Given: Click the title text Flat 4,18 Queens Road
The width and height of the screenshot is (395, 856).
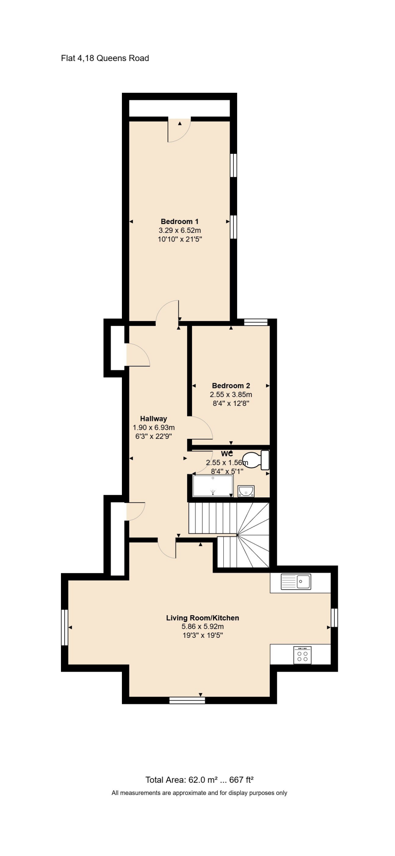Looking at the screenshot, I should click(105, 58).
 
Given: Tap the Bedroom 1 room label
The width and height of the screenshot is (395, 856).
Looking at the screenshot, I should click(180, 222).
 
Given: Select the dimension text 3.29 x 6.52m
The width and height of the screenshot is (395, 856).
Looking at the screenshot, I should click(180, 230).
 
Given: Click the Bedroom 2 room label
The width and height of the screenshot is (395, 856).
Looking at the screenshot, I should click(231, 386).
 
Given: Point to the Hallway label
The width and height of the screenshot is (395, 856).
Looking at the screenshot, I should click(153, 419).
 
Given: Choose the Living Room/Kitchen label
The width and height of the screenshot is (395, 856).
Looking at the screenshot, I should click(203, 618).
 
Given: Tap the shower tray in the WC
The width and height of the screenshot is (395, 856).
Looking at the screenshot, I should click(213, 486).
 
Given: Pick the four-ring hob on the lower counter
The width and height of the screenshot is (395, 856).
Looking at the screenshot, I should click(302, 655).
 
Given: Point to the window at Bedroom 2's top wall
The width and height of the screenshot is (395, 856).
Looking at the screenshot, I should click(256, 322).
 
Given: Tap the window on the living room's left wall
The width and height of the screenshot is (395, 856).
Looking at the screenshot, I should click(64, 627).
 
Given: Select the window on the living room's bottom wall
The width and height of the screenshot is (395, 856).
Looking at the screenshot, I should click(187, 700).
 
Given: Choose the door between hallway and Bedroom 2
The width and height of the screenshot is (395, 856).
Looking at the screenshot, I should click(202, 428).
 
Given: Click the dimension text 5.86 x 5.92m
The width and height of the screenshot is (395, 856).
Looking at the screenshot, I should click(203, 627).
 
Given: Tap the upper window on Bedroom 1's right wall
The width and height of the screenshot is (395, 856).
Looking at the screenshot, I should click(234, 165).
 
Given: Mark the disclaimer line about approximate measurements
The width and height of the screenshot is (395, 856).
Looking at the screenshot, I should click(199, 793).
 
